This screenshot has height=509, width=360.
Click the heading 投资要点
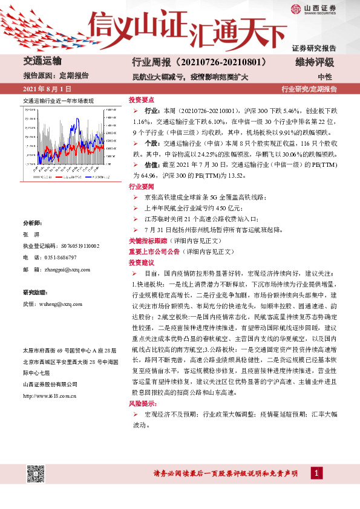click(x=140, y=100)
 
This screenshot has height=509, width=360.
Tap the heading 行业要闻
click(x=140, y=187)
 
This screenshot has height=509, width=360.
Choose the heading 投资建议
click(x=140, y=263)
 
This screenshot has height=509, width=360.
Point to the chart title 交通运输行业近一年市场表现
click(x=58, y=100)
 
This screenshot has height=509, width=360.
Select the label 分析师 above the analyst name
click(x=32, y=223)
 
